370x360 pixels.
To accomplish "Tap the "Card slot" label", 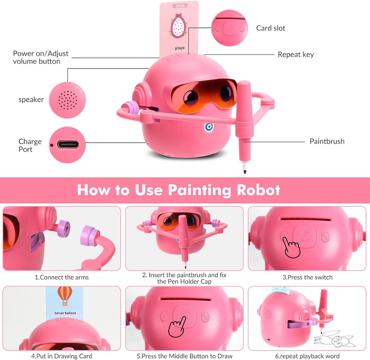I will (271, 28).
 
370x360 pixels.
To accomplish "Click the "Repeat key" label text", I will (296, 55).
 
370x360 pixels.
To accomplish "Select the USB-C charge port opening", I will (68, 145).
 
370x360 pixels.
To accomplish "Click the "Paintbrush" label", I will (327, 141).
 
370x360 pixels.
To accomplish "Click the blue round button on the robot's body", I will (209, 127).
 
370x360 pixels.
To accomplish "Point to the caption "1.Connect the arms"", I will (61, 277).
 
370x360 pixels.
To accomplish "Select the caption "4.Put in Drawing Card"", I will (61, 356).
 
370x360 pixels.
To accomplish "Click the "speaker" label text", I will (31, 100).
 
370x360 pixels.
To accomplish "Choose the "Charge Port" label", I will (30, 145).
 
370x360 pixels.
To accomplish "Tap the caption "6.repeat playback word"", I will (307, 356).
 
